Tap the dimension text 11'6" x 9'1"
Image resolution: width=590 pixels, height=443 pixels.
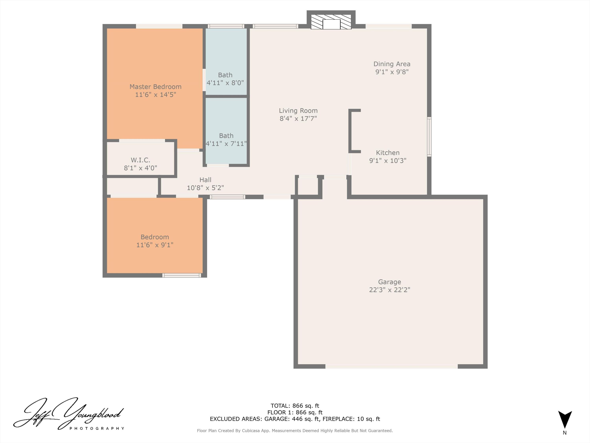click(155, 245)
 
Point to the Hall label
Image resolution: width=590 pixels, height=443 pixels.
click(205, 180)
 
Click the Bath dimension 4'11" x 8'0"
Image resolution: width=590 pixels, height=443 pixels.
click(225, 83)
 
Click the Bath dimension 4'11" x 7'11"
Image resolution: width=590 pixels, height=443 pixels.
click(226, 144)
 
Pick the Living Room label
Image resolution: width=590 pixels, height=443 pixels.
click(298, 110)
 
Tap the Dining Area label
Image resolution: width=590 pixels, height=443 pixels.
click(392, 64)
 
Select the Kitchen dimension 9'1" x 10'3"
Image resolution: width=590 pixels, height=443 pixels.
click(388, 160)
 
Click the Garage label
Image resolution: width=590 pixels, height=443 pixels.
click(389, 282)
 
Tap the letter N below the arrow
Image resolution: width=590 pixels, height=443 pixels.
click(565, 433)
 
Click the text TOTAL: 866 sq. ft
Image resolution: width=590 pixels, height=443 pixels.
click(295, 406)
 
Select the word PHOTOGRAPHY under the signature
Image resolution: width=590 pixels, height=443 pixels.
click(97, 428)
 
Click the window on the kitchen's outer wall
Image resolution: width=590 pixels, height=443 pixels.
click(429, 137)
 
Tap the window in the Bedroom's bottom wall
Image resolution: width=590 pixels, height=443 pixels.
click(182, 275)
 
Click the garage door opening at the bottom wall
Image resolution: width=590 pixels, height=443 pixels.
click(391, 366)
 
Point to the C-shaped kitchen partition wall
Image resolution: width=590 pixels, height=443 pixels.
click(350, 131)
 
